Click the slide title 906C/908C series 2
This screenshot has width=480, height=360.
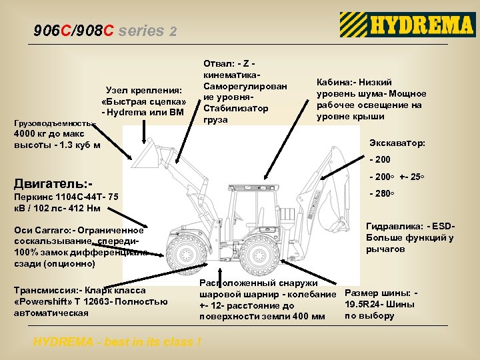(x=105, y=31)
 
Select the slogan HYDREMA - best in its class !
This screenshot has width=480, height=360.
(x=117, y=342)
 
